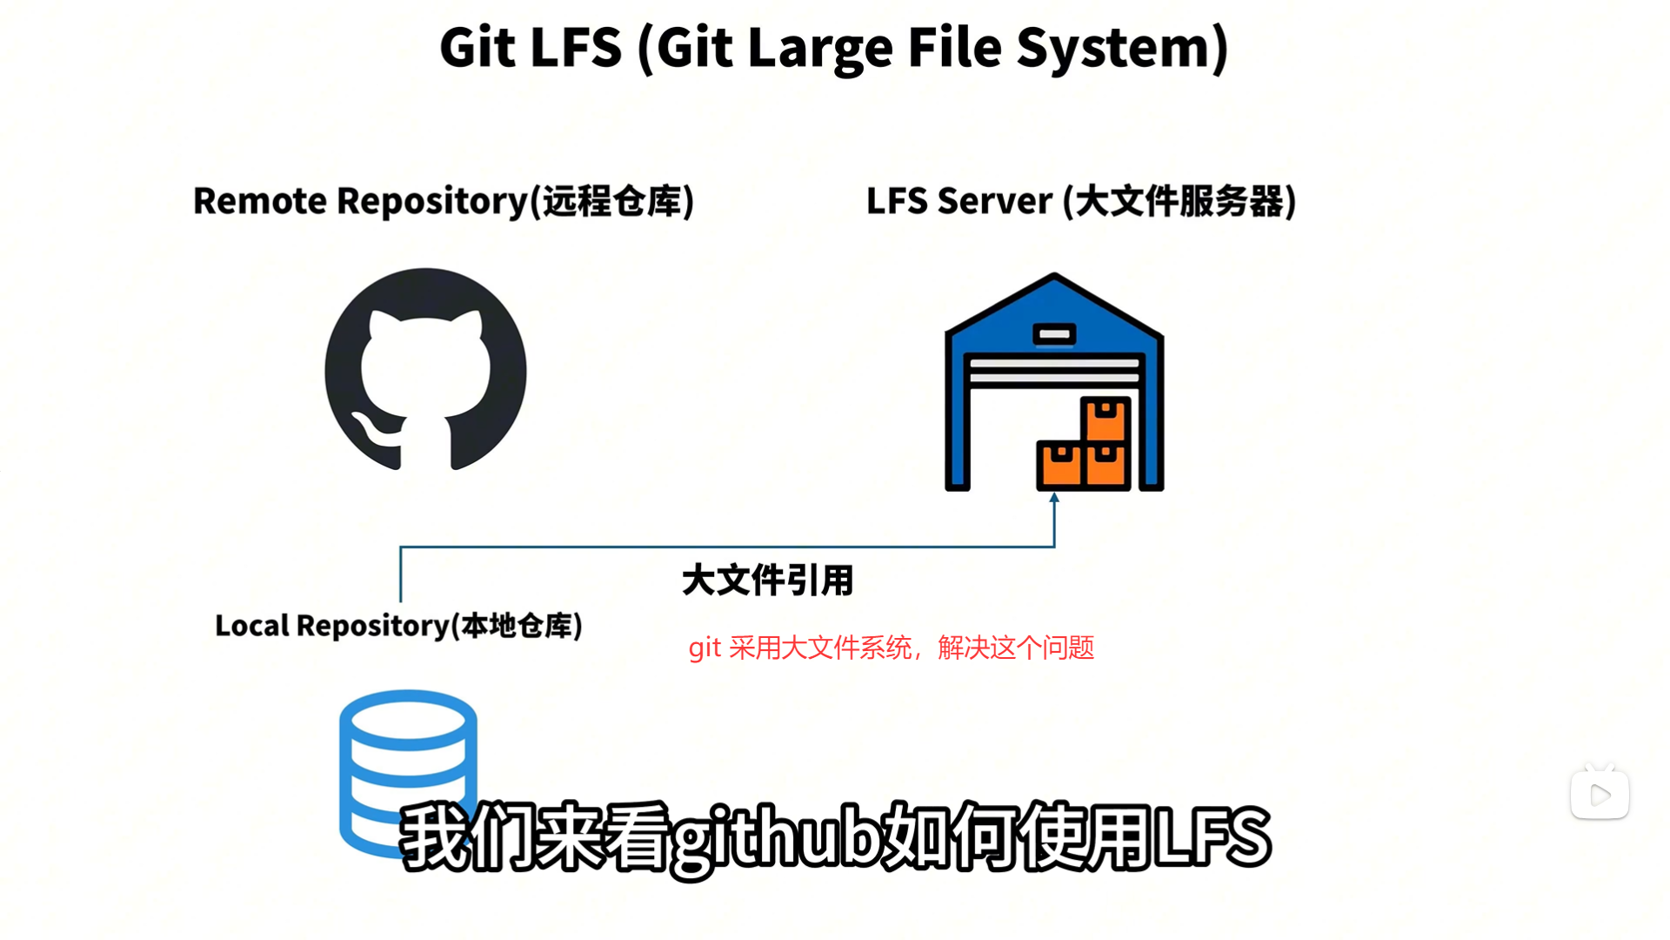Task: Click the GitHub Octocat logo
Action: click(x=425, y=369)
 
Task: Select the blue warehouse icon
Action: click(x=1053, y=383)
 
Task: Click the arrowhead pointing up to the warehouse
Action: click(x=1054, y=499)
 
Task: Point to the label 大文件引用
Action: click(x=767, y=581)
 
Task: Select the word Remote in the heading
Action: click(x=259, y=201)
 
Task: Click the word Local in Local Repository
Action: click(x=251, y=626)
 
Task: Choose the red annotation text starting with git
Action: click(x=891, y=648)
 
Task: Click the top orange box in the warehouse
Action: click(x=1106, y=419)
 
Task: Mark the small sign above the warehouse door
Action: click(x=1054, y=334)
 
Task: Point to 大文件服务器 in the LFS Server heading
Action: click(x=1179, y=201)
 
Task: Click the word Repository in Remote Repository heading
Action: click(x=432, y=201)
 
